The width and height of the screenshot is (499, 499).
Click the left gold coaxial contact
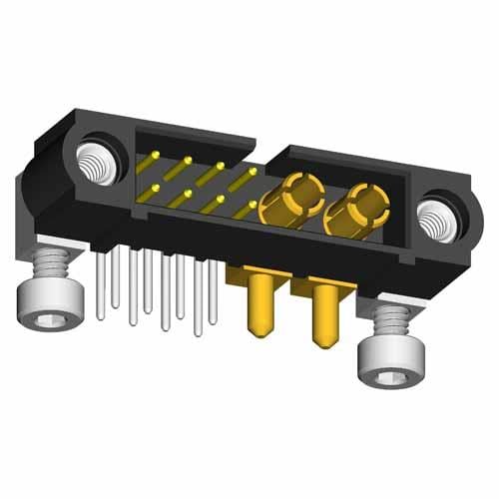(293, 196)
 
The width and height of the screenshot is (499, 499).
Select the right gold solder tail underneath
(323, 316)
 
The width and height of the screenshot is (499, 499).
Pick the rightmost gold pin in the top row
(247, 175)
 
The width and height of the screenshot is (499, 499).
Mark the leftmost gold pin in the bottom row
(157, 188)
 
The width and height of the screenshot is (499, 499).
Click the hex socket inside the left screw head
(42, 320)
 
